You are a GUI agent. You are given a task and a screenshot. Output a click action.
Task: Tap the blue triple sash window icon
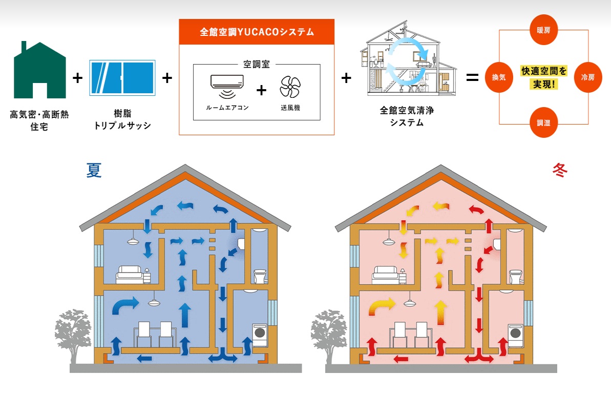click(x=122, y=78)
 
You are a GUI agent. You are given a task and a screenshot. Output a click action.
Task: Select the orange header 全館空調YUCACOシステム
click(x=257, y=32)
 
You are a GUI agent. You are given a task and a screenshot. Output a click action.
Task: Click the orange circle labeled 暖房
click(x=543, y=30)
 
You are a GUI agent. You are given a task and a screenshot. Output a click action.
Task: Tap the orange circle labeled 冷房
click(x=587, y=77)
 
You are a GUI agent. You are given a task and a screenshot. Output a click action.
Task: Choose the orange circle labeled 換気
click(x=499, y=77)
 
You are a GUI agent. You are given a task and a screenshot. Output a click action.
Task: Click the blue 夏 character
click(x=94, y=170)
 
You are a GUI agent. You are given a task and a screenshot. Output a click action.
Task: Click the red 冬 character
click(x=559, y=170)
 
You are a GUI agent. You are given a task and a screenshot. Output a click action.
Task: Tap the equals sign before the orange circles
click(x=472, y=78)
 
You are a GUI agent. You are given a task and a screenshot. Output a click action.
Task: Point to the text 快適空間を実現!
click(x=543, y=77)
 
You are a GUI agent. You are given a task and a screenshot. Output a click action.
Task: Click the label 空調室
click(x=256, y=65)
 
